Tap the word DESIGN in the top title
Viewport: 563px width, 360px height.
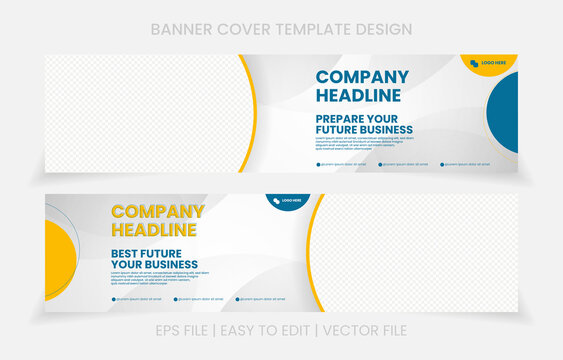click(384, 29)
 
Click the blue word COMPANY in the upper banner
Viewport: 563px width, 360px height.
click(362, 77)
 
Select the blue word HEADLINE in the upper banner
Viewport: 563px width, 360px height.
click(358, 95)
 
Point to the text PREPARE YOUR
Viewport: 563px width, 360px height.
click(363, 119)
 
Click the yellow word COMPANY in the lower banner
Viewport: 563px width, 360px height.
click(157, 212)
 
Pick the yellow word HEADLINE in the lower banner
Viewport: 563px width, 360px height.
click(153, 230)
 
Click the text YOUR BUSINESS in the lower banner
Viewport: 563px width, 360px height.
click(154, 265)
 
